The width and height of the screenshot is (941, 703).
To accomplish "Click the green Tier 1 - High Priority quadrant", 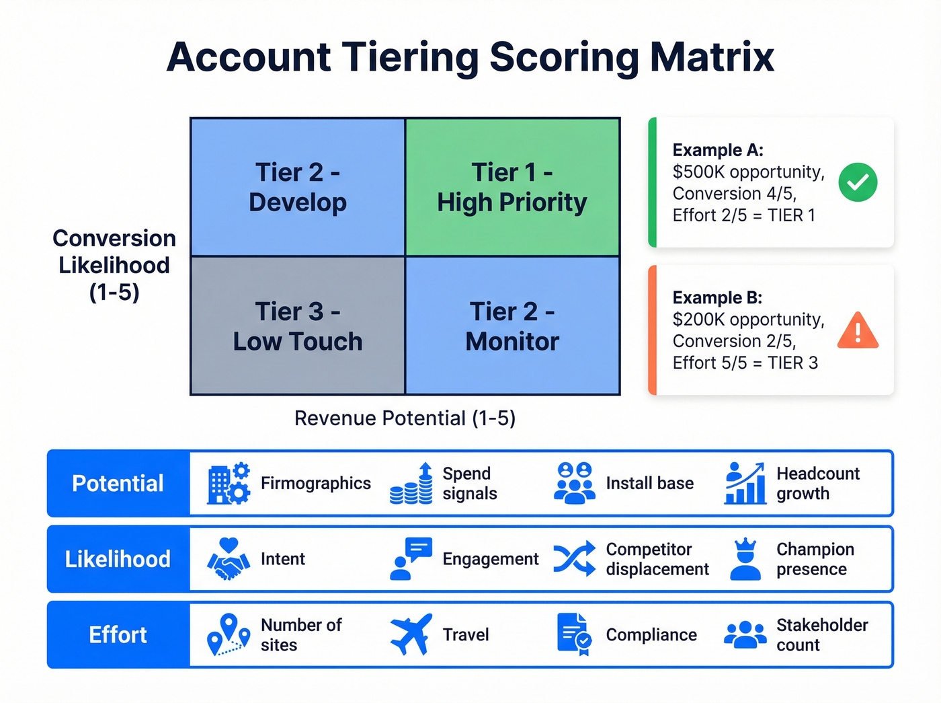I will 512,187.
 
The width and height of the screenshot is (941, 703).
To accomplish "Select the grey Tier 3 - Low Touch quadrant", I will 298,326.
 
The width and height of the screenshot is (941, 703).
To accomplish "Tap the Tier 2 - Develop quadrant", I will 298,187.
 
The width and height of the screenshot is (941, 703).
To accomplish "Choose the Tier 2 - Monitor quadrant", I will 512,326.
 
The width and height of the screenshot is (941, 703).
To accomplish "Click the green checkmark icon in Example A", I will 858,182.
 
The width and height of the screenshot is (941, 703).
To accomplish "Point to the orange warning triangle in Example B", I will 858,330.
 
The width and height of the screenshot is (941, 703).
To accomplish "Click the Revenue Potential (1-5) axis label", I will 405,418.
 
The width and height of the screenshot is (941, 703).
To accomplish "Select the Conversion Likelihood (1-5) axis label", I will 114,265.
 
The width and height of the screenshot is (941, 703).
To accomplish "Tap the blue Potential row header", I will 118,483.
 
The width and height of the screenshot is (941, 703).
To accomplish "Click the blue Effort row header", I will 118,634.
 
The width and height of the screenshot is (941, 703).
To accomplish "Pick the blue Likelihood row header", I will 118,559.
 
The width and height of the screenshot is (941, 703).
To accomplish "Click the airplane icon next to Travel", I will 411,634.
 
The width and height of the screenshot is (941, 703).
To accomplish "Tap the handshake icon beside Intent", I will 229,559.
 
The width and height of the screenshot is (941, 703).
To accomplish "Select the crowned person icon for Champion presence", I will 745,559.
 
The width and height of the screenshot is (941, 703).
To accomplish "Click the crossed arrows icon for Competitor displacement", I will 574,558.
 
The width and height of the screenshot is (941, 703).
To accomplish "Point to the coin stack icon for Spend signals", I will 411,484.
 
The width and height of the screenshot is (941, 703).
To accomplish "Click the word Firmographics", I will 315,483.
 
